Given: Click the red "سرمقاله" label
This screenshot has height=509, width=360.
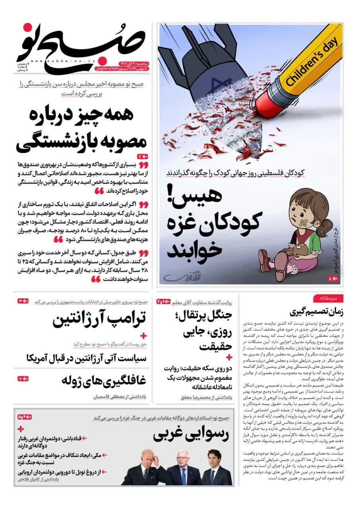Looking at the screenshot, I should tap(328, 298).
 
